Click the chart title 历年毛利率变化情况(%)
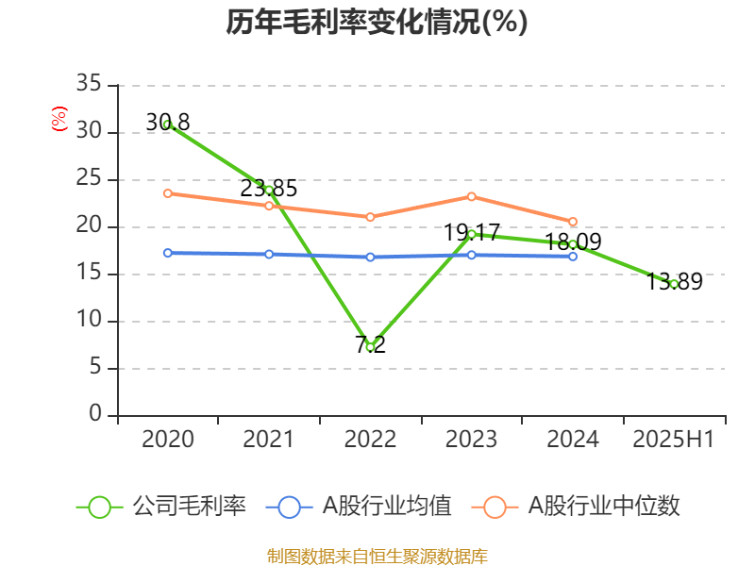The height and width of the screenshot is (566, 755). pos(377,23)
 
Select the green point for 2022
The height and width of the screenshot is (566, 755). pos(370,347)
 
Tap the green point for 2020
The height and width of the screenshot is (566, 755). pos(168,125)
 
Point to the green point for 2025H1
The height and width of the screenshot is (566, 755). pos(674,284)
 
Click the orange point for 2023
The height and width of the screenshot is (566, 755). pos(472,196)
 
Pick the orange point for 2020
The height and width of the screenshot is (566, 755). pos(168,193)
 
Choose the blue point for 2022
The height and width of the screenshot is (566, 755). pos(370,257)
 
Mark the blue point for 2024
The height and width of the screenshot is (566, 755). pos(573,256)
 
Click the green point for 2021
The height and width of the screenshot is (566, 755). pos(269,190)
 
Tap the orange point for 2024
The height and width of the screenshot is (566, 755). pos(573,222)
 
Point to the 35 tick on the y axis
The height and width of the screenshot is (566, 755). pos(89,85)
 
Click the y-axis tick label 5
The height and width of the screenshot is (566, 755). pos(94,368)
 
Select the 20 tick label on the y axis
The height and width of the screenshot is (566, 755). pos(89,226)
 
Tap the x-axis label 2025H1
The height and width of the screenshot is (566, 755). pos(674,440)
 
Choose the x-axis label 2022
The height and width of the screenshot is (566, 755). pos(370,440)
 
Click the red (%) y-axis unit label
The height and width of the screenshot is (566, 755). pos(59,120)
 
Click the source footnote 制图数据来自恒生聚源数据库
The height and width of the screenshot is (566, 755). pos(377,556)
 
